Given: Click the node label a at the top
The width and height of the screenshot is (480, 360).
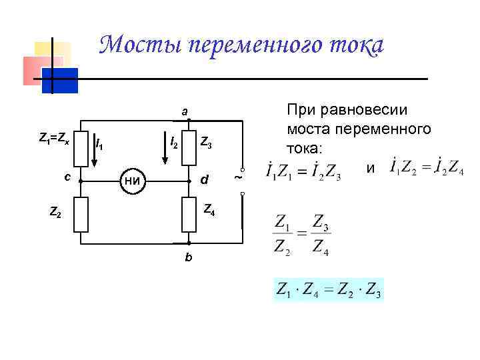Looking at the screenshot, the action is point(185,111).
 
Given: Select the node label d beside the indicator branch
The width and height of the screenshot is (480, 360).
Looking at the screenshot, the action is point(205,180).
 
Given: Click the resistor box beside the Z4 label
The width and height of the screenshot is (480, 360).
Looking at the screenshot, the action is point(189,214).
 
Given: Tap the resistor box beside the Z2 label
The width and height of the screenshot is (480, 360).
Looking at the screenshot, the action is point(81,214).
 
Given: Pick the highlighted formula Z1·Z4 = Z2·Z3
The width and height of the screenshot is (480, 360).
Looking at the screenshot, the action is point(329,291).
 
